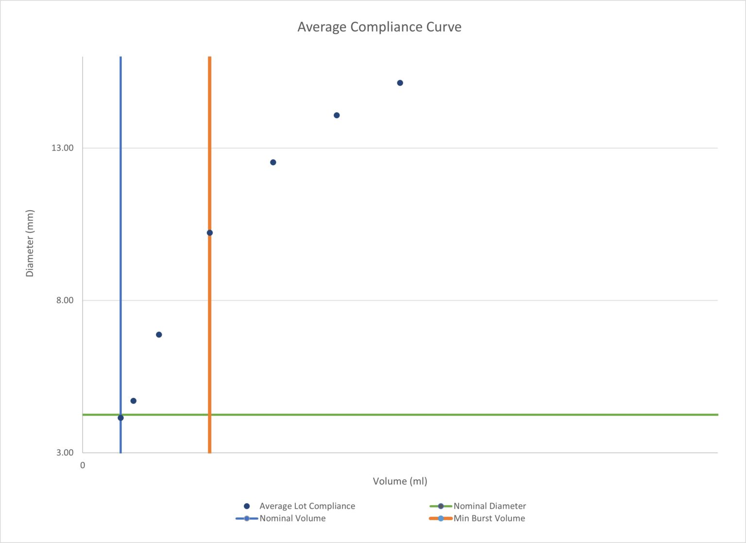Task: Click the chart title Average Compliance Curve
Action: [x=379, y=27]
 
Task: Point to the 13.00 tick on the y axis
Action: [x=63, y=148]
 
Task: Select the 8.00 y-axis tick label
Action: [x=65, y=300]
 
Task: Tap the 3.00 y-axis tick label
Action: [x=65, y=452]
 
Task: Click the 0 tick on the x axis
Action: [x=83, y=465]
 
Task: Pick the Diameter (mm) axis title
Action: [x=30, y=243]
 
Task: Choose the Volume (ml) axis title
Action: [x=400, y=481]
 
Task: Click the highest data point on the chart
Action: [x=400, y=83]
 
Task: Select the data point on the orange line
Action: [x=210, y=233]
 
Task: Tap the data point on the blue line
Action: [x=120, y=418]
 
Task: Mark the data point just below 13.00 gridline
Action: [x=273, y=162]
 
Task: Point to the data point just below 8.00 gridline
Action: [x=159, y=335]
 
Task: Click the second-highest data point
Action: [x=337, y=115]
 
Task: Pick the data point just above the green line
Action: [x=134, y=401]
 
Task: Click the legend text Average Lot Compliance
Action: [x=307, y=506]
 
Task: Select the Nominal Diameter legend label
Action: [x=490, y=506]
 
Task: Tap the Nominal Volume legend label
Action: [x=292, y=518]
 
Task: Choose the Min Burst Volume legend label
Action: [x=489, y=518]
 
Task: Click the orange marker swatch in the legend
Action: [x=441, y=518]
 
